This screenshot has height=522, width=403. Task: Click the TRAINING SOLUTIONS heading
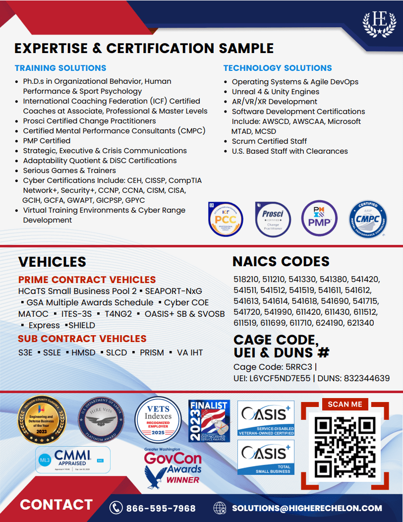pos(60,68)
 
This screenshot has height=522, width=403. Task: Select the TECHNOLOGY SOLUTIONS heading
pos(278,68)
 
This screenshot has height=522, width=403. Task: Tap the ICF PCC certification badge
pos(226,219)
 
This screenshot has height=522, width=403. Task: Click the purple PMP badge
pos(319,218)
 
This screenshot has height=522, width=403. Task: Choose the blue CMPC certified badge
pos(367,219)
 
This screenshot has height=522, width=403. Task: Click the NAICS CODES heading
pos(281,261)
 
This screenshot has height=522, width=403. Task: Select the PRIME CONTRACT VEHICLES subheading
pos(87,280)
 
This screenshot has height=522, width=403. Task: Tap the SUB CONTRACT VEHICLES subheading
pos(82,339)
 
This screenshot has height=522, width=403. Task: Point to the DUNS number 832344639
pos(367,378)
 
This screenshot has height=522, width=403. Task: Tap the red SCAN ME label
pos(345,404)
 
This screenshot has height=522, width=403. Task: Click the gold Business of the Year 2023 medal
pos(42,419)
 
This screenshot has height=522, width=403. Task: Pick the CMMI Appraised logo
pos(73,460)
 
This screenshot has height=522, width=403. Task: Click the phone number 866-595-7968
pos(161,508)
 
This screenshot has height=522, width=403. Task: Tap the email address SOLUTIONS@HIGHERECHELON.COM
pos(307,508)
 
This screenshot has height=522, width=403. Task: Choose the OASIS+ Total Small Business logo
pos(266,458)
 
